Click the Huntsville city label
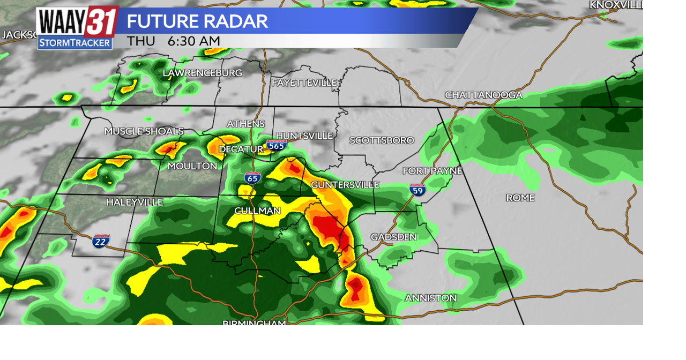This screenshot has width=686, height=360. point(304,136)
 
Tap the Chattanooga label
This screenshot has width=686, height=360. point(483,95)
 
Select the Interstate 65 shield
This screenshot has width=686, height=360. point(252,178)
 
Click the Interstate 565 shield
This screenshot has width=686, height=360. point(277,145)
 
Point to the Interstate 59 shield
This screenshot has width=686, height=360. point(417,190)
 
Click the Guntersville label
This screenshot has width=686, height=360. point(345,185)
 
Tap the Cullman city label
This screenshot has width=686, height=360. point(257,211)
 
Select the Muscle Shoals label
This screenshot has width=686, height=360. point(144,131)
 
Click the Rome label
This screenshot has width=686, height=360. point(520,198)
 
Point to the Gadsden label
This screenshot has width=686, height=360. point(393,237)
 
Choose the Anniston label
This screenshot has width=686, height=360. point(430,298)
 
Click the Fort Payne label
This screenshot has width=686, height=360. point(432,171)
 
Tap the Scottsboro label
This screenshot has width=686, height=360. point(382,140)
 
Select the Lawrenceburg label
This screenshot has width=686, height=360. point(202,73)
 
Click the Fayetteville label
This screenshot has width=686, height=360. point(304,82)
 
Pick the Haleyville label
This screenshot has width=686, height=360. point(135,202)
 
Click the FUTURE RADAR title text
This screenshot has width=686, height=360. point(197,21)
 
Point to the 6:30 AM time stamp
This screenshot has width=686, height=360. point(193,41)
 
